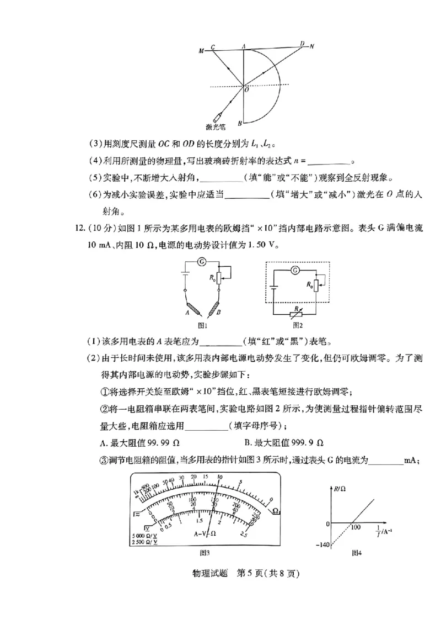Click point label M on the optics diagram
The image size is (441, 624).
pos(201,51)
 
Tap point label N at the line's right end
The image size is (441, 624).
pos(311,46)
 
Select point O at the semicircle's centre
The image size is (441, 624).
pos(246,90)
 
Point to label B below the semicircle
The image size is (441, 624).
pos(240,123)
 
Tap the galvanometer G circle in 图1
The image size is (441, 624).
pos(202,260)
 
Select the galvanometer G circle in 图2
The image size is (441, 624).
pos(295,269)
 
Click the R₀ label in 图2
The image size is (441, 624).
pos(309,285)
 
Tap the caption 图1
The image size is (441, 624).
pos(202,325)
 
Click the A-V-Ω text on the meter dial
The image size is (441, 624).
pos(205,534)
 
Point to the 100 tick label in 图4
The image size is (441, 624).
pos(356,527)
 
